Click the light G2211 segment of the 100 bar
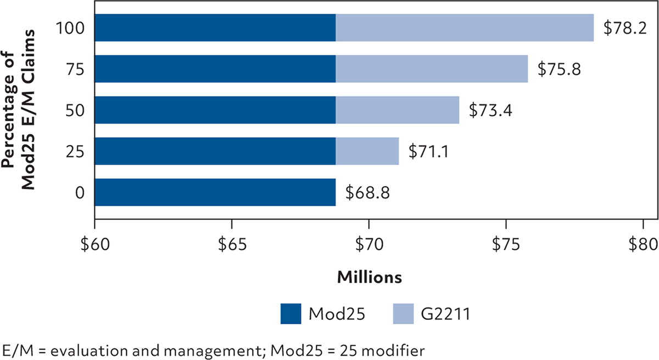click(465, 28)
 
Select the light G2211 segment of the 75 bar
click(432, 69)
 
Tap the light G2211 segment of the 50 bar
click(397, 110)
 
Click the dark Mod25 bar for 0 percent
click(215, 192)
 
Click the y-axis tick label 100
click(69, 28)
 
